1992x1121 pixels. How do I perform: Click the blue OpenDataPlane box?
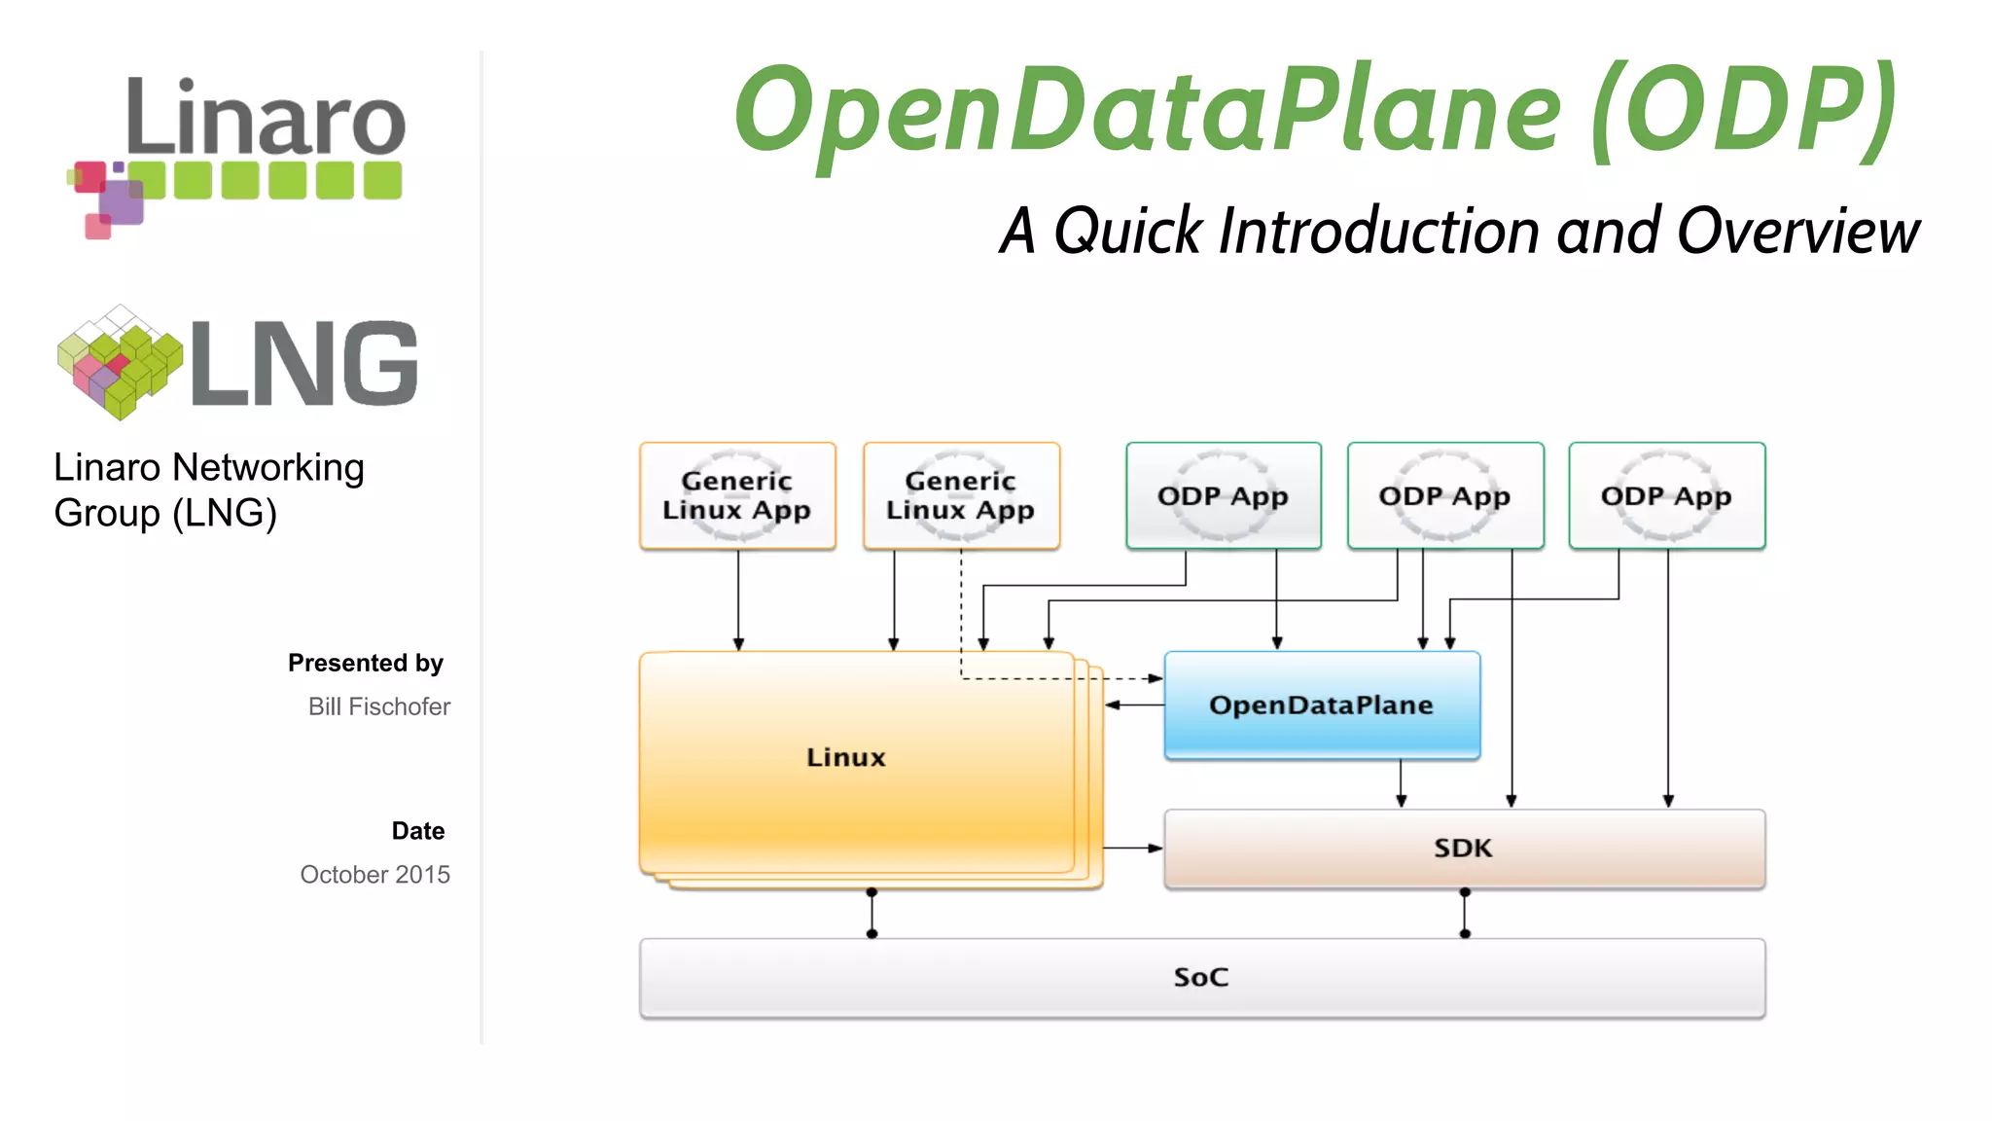click(x=1321, y=705)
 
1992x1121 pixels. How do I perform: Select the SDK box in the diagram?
click(x=1463, y=848)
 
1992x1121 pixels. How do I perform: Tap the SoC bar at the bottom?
click(x=1201, y=977)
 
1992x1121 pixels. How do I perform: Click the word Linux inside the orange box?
click(x=845, y=757)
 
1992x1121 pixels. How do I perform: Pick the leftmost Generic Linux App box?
click(x=737, y=495)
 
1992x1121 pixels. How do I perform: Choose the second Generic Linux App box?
click(x=961, y=495)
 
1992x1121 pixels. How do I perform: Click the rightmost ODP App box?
click(x=1666, y=495)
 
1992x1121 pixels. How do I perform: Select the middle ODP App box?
click(x=1444, y=495)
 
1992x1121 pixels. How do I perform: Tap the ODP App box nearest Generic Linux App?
click(x=1223, y=495)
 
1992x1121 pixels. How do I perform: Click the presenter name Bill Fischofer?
click(x=378, y=706)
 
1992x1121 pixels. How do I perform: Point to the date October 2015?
click(x=374, y=874)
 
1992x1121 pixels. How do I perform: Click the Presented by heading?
click(x=365, y=663)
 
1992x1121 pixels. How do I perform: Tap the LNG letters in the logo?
click(x=304, y=363)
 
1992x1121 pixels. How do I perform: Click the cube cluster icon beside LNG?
click(x=120, y=362)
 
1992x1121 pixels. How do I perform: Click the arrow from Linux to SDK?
click(x=1133, y=848)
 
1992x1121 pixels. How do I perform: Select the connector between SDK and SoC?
click(x=1465, y=913)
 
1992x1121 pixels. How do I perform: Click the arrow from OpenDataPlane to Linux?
click(x=1134, y=705)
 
